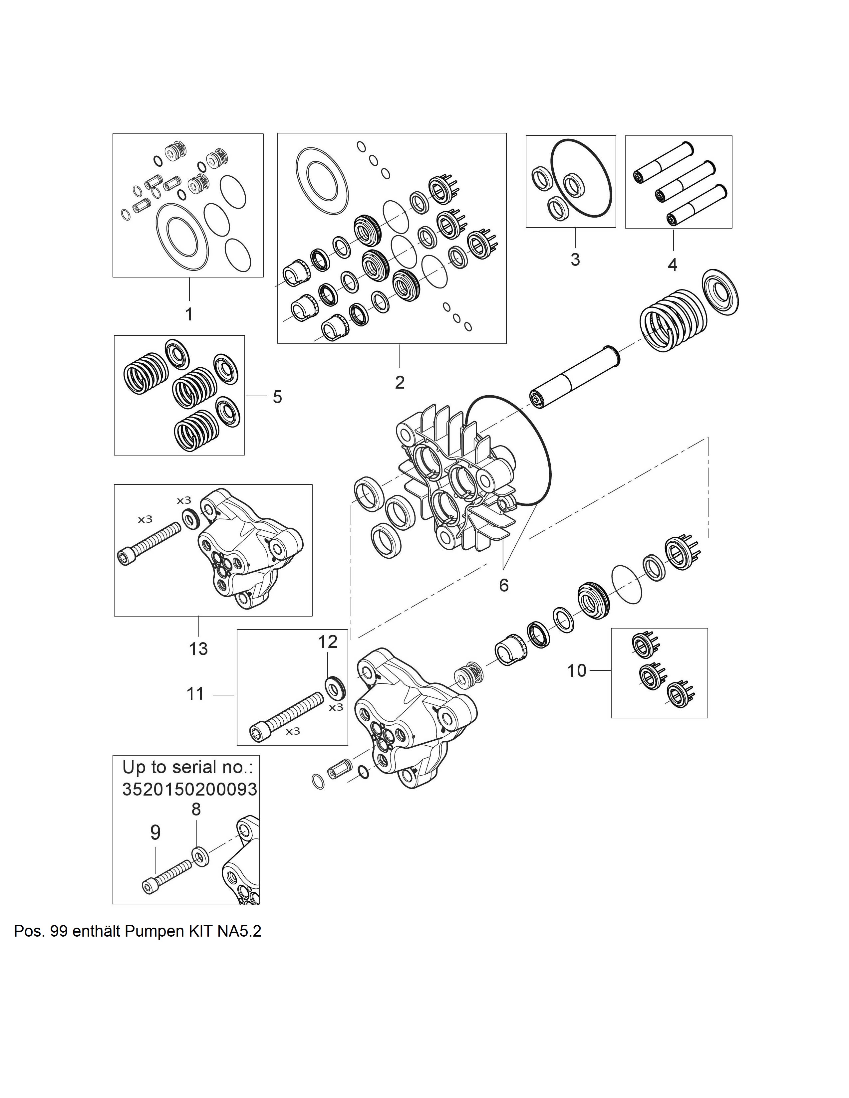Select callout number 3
[575, 260]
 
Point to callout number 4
[673, 265]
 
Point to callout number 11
[195, 694]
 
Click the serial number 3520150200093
[190, 789]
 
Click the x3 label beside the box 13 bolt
[145, 519]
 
